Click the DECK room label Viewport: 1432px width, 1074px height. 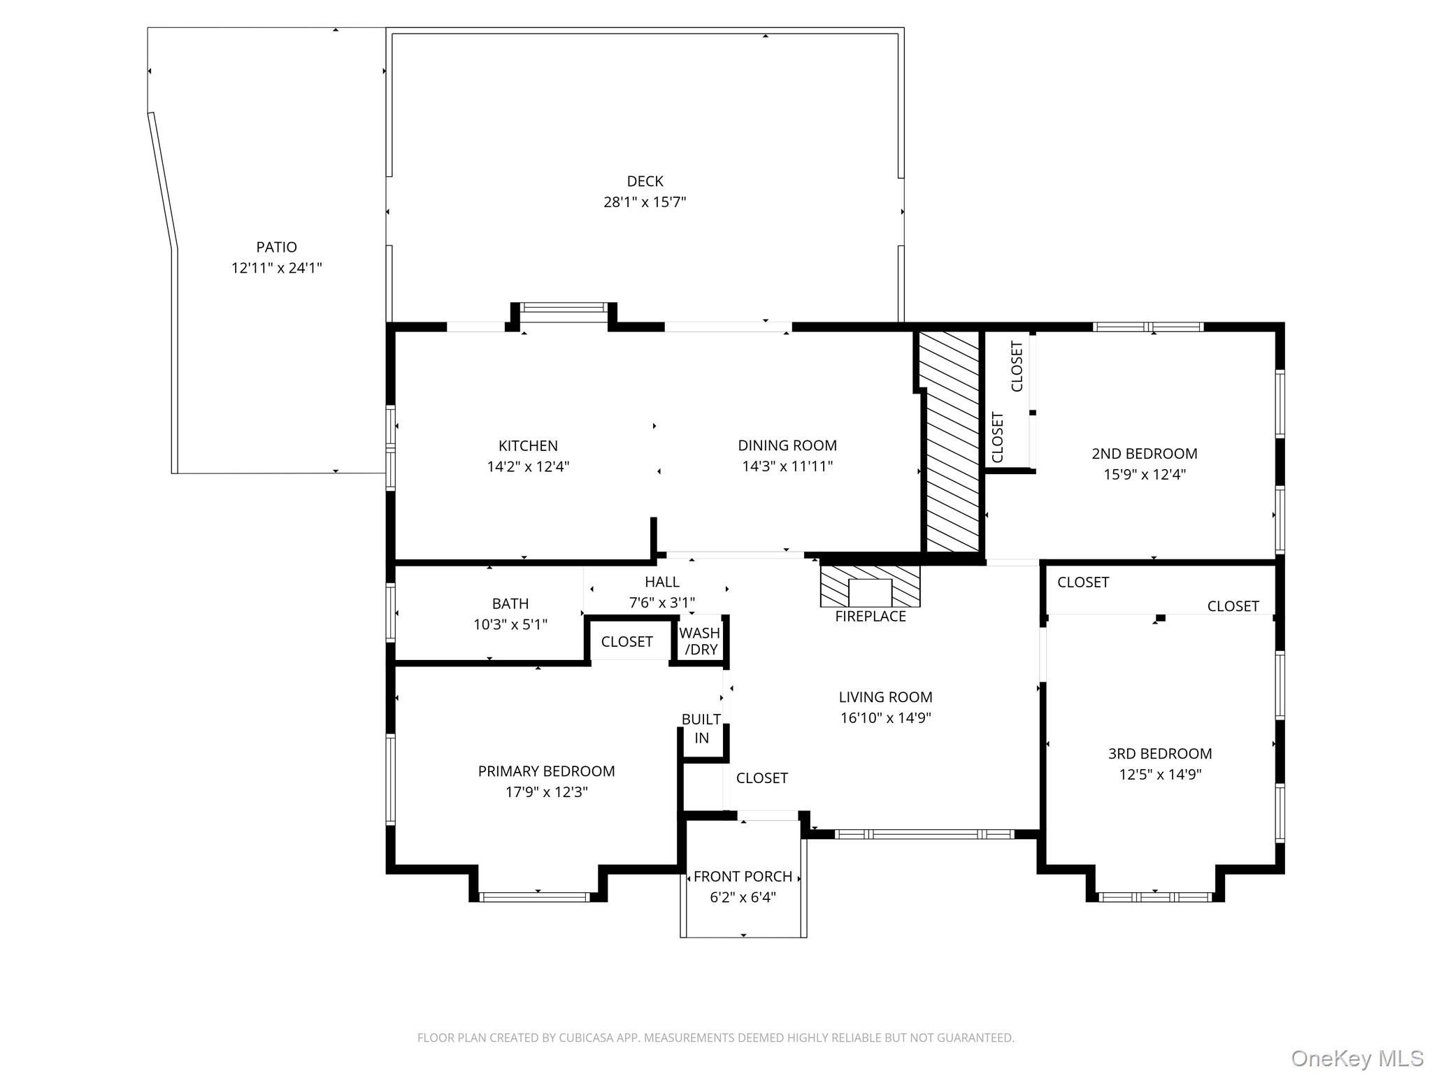645,182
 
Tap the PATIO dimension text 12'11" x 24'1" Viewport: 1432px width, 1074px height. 277,268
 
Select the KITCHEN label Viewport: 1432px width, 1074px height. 528,446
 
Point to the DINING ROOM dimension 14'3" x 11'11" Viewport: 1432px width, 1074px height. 787,466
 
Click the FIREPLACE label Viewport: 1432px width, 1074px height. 870,617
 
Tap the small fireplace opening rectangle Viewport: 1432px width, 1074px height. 870,593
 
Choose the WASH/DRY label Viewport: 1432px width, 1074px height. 700,641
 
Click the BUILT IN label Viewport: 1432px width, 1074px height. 701,729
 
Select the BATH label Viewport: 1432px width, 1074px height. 510,603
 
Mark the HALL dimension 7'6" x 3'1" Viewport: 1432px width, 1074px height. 661,603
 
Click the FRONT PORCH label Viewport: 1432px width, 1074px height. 743,877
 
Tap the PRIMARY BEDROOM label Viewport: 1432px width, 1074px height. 546,771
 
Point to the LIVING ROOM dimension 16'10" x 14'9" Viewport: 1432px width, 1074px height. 885,718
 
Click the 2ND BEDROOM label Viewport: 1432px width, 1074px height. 1144,454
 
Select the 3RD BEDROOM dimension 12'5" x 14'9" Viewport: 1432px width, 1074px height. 1160,775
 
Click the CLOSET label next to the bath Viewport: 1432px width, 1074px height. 626,642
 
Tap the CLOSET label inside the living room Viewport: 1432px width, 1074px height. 761,778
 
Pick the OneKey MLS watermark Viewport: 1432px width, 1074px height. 1356,1058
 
